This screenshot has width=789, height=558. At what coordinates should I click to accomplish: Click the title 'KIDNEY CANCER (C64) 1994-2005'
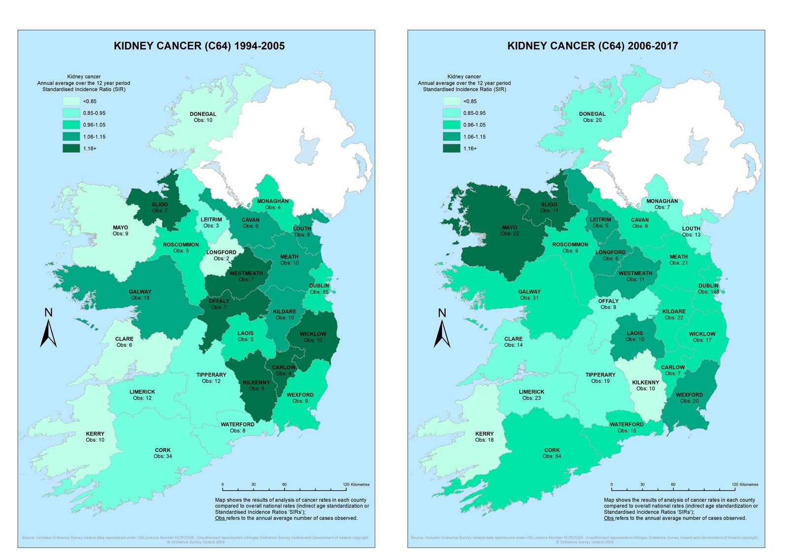199,46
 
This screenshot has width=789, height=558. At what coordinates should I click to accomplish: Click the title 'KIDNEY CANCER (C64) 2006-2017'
592,46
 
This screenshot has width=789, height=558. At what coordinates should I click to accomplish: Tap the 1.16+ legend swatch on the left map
71,148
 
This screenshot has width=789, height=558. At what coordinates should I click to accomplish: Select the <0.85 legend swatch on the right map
451,101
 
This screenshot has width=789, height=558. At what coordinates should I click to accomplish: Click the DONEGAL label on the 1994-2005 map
203,114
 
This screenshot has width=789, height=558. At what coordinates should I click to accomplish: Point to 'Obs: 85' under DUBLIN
319,292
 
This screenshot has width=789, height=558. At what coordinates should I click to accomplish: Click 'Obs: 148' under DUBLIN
708,292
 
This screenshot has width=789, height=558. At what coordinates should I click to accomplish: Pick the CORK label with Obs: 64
552,450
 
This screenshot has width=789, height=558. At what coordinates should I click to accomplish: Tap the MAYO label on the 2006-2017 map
509,228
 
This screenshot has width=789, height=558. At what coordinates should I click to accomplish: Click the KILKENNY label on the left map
256,383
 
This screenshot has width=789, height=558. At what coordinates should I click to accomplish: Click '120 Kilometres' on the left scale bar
356,485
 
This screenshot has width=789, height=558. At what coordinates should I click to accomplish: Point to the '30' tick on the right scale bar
642,485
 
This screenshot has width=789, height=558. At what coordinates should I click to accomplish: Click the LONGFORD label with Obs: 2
221,252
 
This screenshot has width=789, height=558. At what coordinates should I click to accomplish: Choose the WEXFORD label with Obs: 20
689,395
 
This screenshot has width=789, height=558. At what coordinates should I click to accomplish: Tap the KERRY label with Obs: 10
95,434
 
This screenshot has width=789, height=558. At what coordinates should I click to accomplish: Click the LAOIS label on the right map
635,333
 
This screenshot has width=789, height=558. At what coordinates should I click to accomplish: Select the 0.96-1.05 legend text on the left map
94,125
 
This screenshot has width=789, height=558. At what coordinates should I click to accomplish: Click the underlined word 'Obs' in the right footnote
609,518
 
